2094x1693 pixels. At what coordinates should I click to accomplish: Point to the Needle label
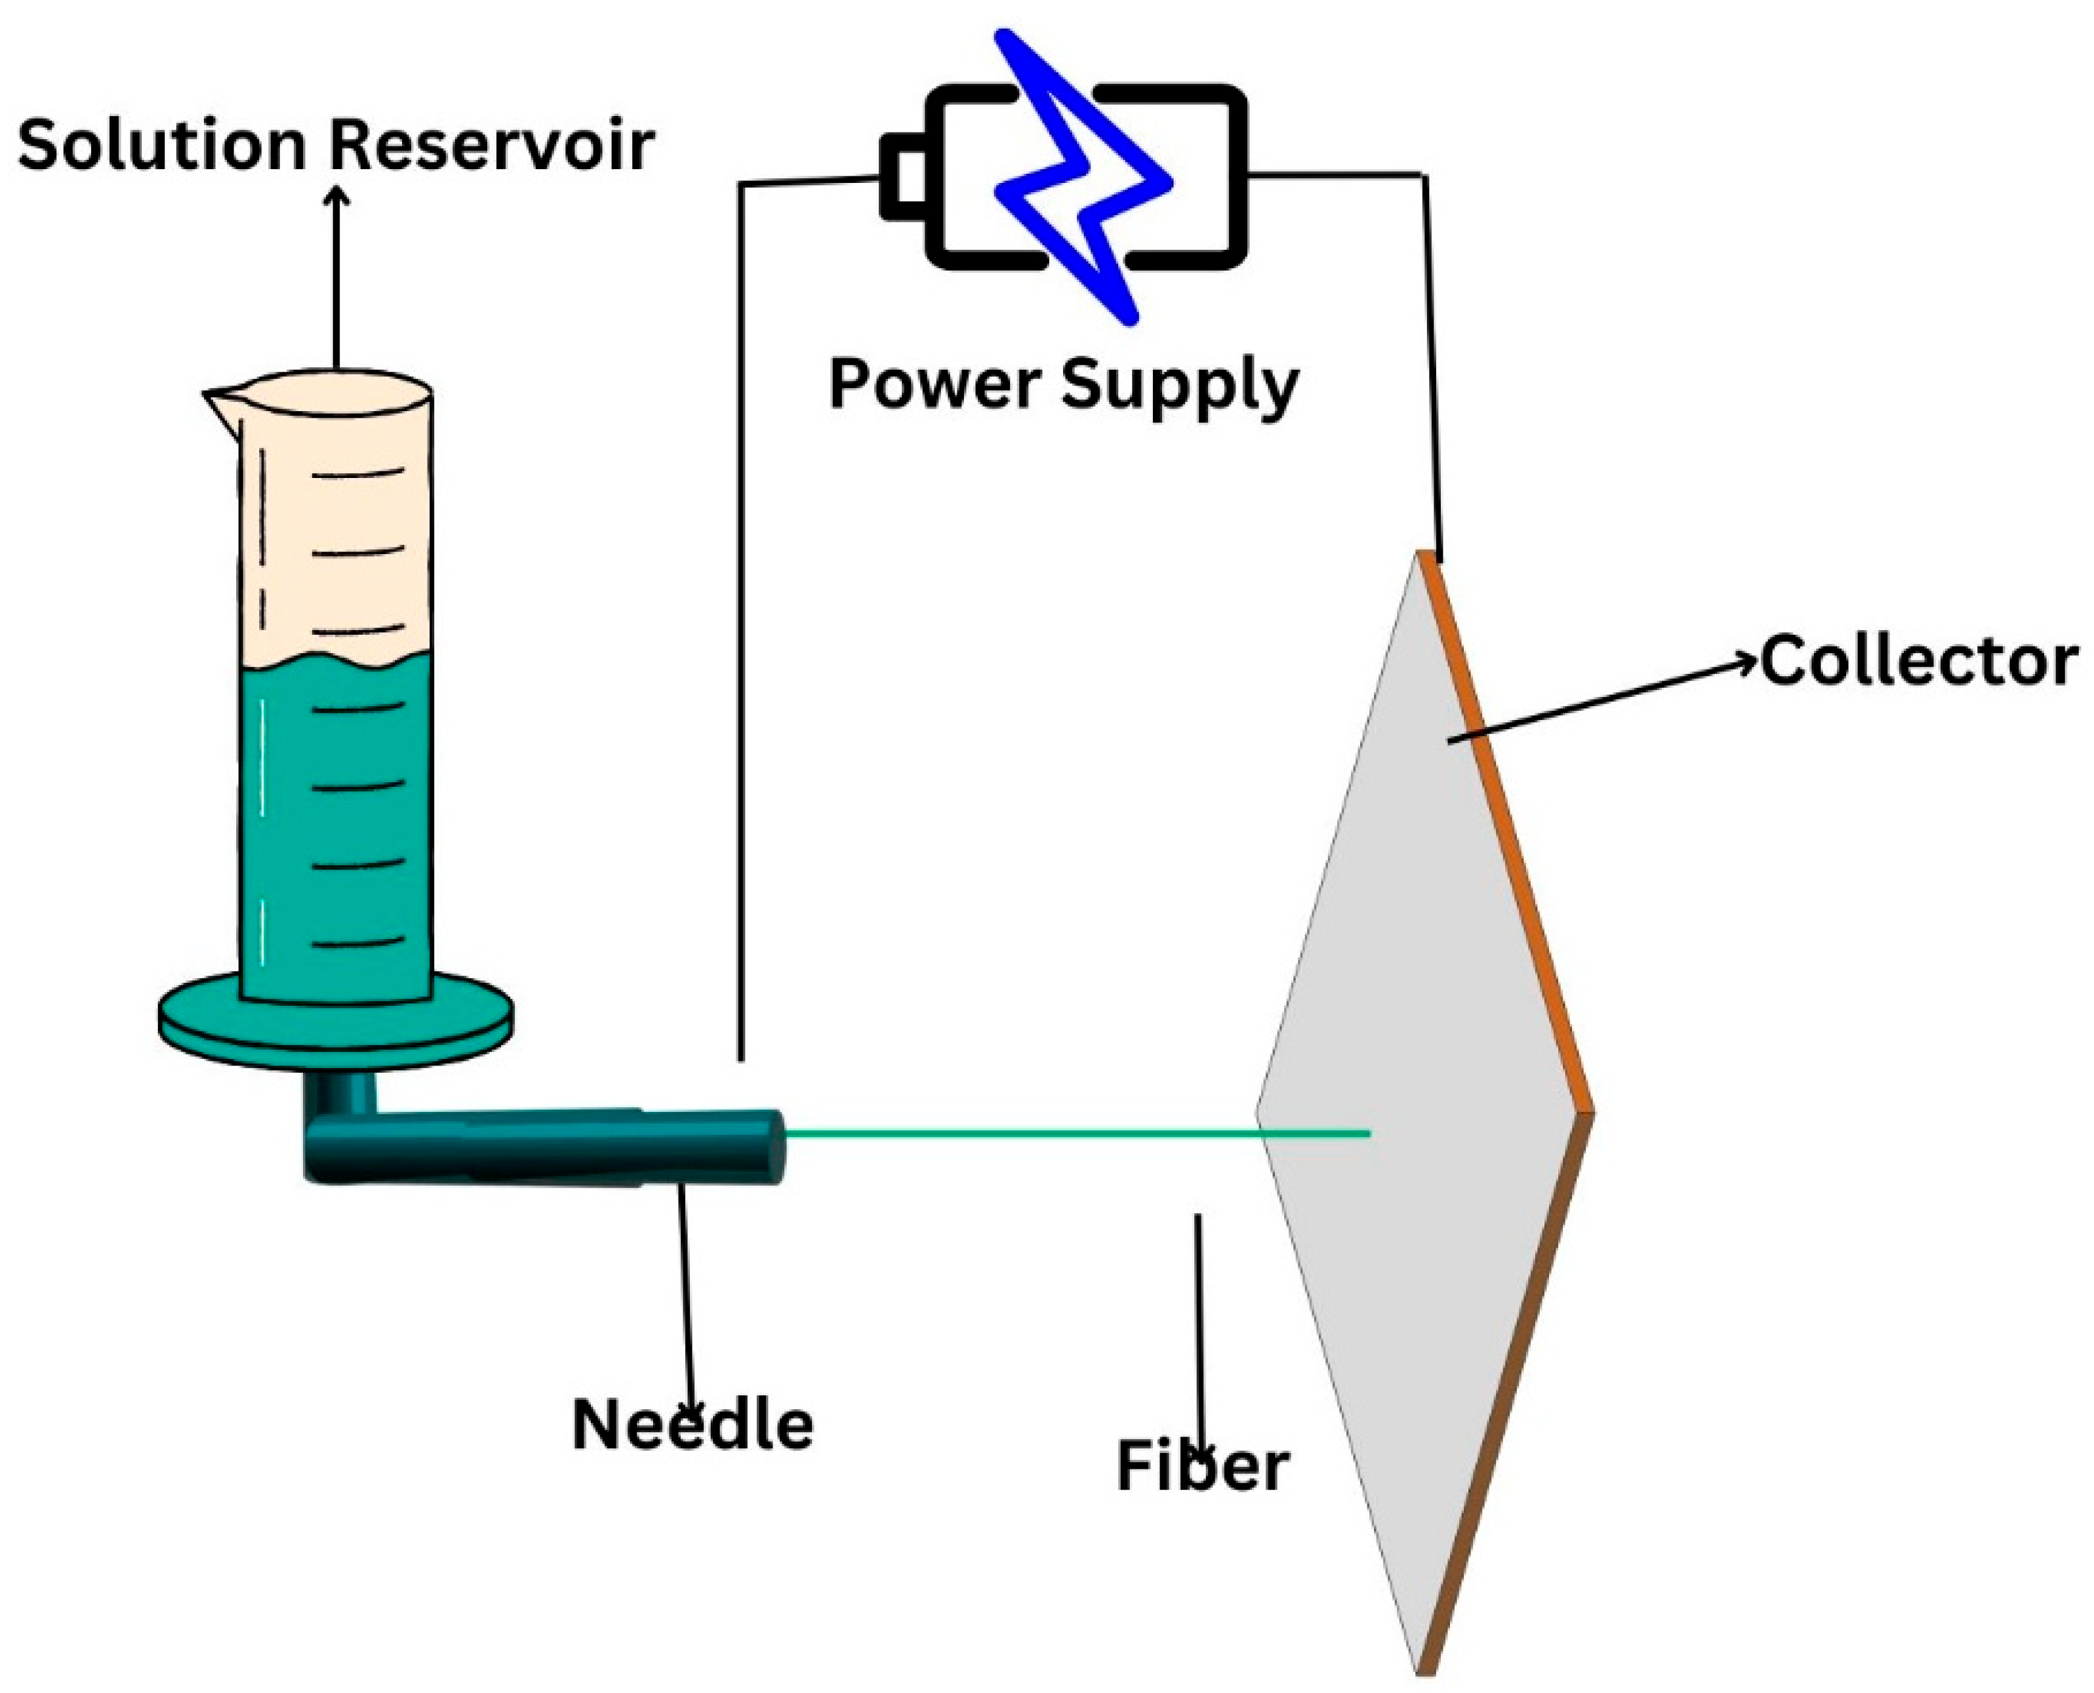(x=693, y=1425)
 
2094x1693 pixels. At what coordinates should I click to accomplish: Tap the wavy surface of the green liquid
(x=336, y=662)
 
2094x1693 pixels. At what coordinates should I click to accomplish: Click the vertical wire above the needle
(x=741, y=624)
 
